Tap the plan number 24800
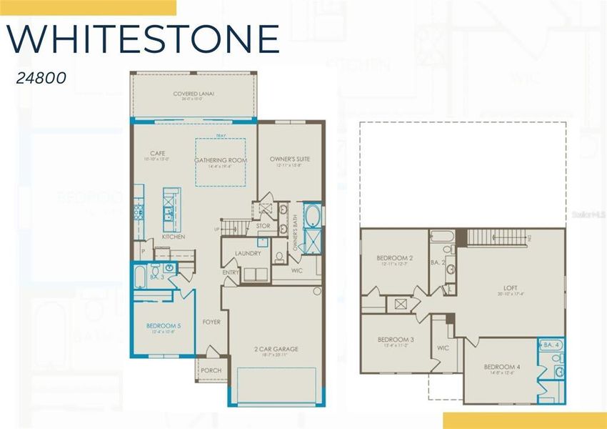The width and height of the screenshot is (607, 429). click(41, 78)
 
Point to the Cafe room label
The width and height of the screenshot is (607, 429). click(158, 153)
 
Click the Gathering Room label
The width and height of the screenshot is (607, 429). click(221, 160)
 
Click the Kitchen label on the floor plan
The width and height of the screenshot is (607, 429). click(174, 237)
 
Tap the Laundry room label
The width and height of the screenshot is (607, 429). click(248, 253)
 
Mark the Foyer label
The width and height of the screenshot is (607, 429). click(211, 322)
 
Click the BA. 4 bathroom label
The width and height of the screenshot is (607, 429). click(551, 345)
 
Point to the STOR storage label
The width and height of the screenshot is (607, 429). click(263, 226)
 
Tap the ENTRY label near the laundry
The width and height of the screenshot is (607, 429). click(231, 272)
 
